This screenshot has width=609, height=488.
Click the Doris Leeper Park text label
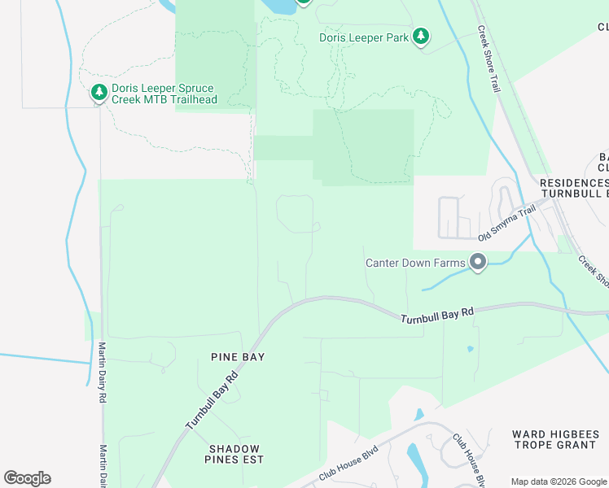point(365,37)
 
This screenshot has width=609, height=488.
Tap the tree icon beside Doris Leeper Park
point(420,37)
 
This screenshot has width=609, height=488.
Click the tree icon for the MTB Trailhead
point(99,94)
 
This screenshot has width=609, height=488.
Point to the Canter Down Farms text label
point(414,262)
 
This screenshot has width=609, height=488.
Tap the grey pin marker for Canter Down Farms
point(477,262)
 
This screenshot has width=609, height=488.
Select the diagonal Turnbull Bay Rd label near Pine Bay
point(212,401)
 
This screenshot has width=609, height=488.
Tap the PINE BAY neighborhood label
point(238,357)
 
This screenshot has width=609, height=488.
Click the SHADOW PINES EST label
point(234,454)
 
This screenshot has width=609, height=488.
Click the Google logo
point(27,478)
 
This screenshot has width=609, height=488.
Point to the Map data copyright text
point(559,481)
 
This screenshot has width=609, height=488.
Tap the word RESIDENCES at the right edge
point(575,184)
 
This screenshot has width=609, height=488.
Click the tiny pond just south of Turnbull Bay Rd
point(471,350)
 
